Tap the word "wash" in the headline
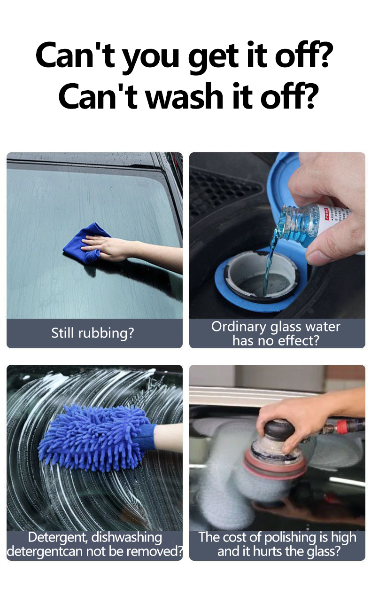click(170, 96)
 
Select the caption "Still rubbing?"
click(93, 333)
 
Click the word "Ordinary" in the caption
click(240, 327)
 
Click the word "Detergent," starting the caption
click(58, 537)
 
